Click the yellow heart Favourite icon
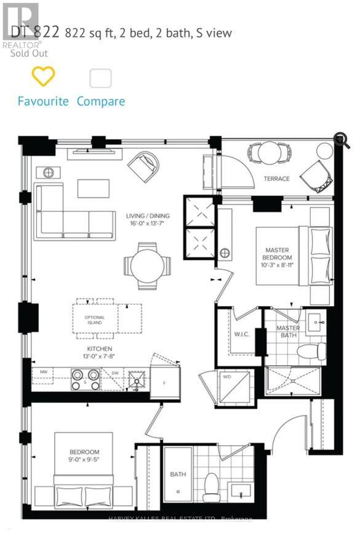[43, 76]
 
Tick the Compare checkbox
[100, 78]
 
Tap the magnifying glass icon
[342, 140]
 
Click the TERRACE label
[277, 179]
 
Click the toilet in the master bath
[310, 352]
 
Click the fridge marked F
[166, 382]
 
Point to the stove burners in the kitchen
[86, 379]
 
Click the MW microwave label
[44, 373]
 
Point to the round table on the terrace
[269, 151]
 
